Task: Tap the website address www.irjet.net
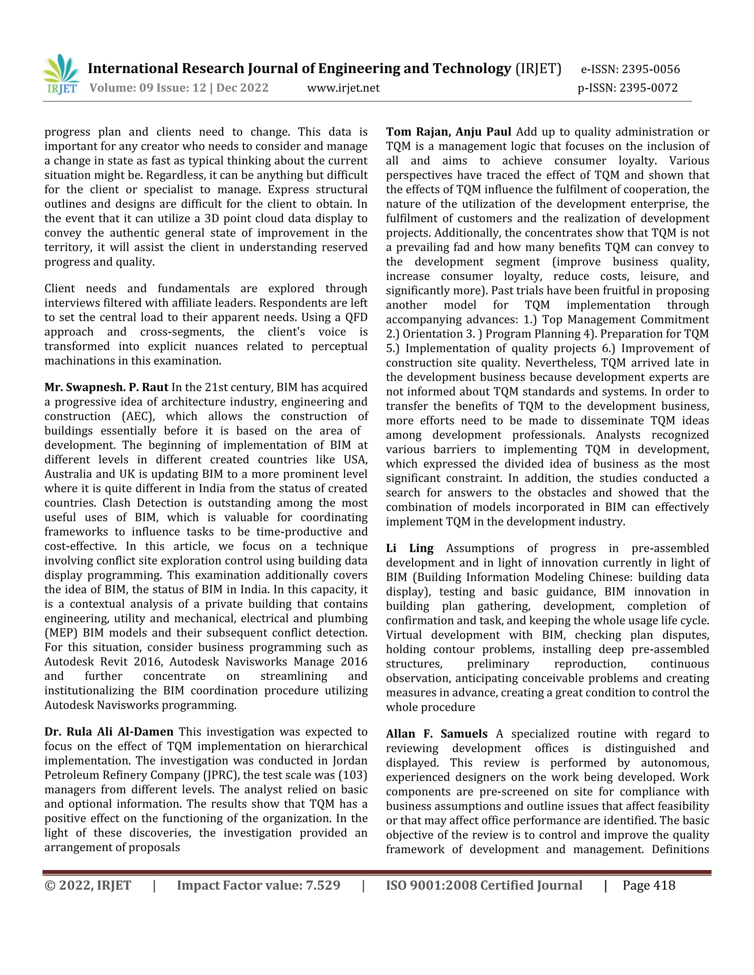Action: point(343,88)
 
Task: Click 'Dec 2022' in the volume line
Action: point(242,88)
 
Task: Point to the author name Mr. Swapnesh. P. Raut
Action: point(106,387)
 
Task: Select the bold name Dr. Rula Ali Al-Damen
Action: point(109,732)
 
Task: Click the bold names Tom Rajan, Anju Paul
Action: point(448,132)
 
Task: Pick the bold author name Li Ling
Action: point(410,548)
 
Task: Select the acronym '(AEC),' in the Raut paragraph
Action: point(138,416)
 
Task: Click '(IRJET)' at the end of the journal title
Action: point(538,68)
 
